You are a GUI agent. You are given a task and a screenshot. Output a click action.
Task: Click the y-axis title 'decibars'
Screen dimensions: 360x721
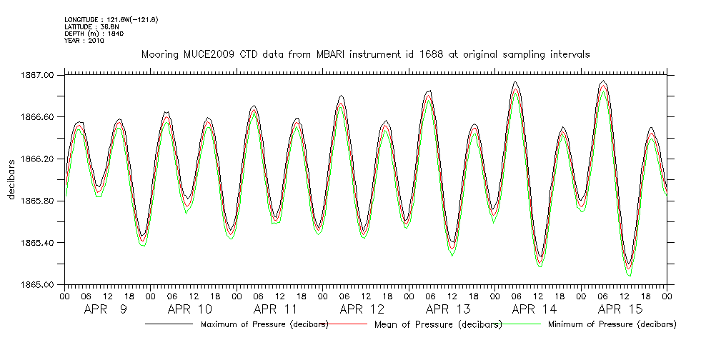[x=11, y=179]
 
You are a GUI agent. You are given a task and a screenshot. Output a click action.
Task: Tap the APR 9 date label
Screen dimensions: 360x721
[x=106, y=309]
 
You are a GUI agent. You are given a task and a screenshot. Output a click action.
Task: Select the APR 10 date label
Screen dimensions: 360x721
[x=191, y=309]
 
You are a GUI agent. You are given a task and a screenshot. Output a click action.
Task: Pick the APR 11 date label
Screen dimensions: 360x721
[x=277, y=309]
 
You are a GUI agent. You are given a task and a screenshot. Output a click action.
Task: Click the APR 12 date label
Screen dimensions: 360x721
[x=362, y=309]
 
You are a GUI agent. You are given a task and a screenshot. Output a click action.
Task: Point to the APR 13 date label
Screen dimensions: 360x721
[x=449, y=309]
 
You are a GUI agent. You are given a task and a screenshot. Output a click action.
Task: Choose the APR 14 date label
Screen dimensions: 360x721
[x=534, y=309]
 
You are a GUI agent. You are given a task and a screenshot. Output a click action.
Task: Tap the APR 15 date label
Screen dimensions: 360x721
[x=620, y=309]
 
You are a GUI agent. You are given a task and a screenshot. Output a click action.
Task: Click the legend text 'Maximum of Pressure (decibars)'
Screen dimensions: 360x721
[x=264, y=324]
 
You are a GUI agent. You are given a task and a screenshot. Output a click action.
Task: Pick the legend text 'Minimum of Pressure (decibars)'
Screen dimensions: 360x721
[x=612, y=324]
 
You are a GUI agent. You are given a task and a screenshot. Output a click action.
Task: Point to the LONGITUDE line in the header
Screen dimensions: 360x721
[x=111, y=19]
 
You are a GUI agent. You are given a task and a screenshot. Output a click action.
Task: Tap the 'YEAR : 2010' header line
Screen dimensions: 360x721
[x=84, y=41]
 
